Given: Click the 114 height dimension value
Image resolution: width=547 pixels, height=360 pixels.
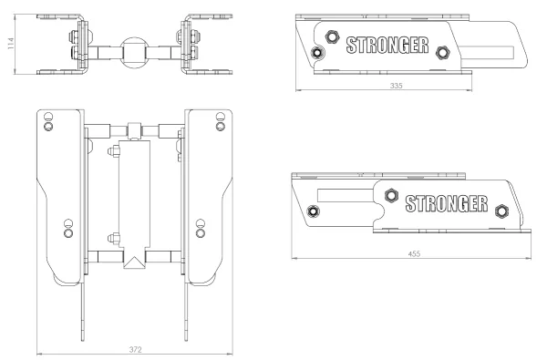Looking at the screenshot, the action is click(x=10, y=44).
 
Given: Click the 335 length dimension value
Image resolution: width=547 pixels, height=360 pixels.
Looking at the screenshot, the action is click(x=396, y=86).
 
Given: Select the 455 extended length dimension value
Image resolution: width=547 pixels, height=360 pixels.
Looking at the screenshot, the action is click(x=414, y=253).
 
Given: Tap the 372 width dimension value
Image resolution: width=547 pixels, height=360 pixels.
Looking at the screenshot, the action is click(x=135, y=350).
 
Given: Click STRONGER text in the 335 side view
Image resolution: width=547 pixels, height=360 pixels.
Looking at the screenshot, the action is click(x=387, y=46).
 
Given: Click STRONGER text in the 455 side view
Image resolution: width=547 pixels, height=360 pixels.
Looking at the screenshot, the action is click(x=447, y=204).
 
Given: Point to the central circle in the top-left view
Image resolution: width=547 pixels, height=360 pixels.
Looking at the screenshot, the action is click(x=135, y=53).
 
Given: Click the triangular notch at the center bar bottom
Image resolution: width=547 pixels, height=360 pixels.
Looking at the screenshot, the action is click(x=134, y=262).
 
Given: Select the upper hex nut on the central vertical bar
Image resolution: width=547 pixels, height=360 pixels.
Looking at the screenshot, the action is click(x=114, y=151).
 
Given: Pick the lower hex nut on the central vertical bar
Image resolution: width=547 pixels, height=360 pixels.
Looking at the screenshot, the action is click(x=114, y=238).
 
